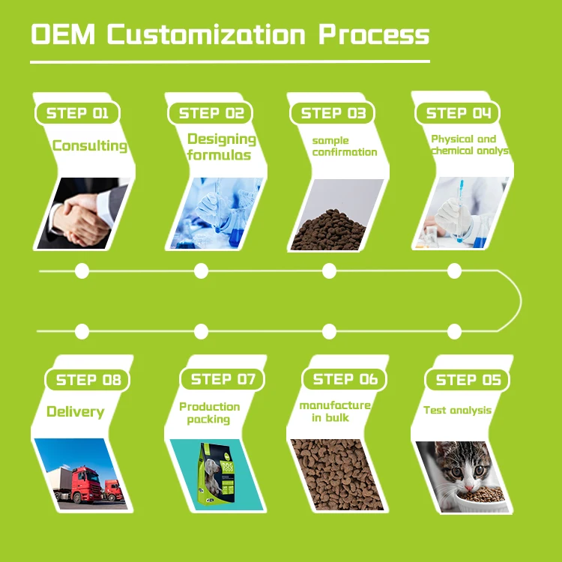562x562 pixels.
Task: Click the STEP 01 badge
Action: coord(77,113)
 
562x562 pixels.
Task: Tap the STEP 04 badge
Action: coord(458,113)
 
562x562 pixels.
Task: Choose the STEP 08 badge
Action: coord(88,380)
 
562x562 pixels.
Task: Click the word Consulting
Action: coord(89,145)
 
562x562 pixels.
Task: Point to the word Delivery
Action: coord(75,411)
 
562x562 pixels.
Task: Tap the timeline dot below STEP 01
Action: coord(82,271)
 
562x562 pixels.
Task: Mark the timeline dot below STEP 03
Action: coord(328,271)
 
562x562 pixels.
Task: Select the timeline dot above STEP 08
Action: coord(82,330)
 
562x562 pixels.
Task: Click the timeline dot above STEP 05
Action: coord(454,330)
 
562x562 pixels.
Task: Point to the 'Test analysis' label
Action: coord(457,410)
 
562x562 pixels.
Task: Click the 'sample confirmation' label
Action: coord(344,146)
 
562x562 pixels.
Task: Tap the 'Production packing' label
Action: coord(209,413)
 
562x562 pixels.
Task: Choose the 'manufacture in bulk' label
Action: coord(334,411)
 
